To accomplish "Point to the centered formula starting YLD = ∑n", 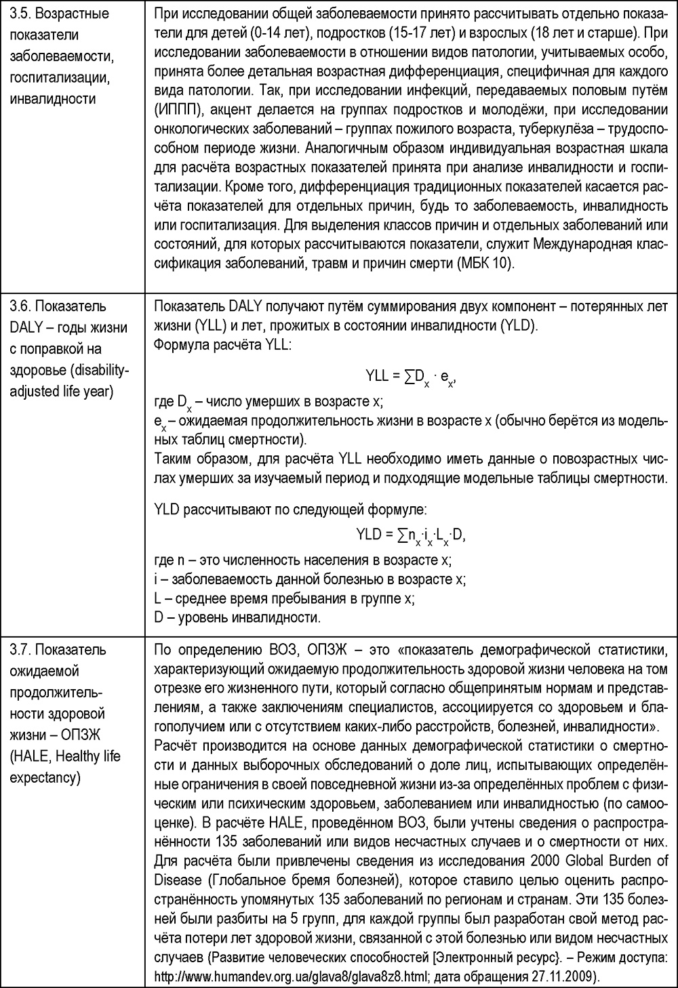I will (411, 535).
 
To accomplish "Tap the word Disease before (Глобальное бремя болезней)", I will (178, 880).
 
